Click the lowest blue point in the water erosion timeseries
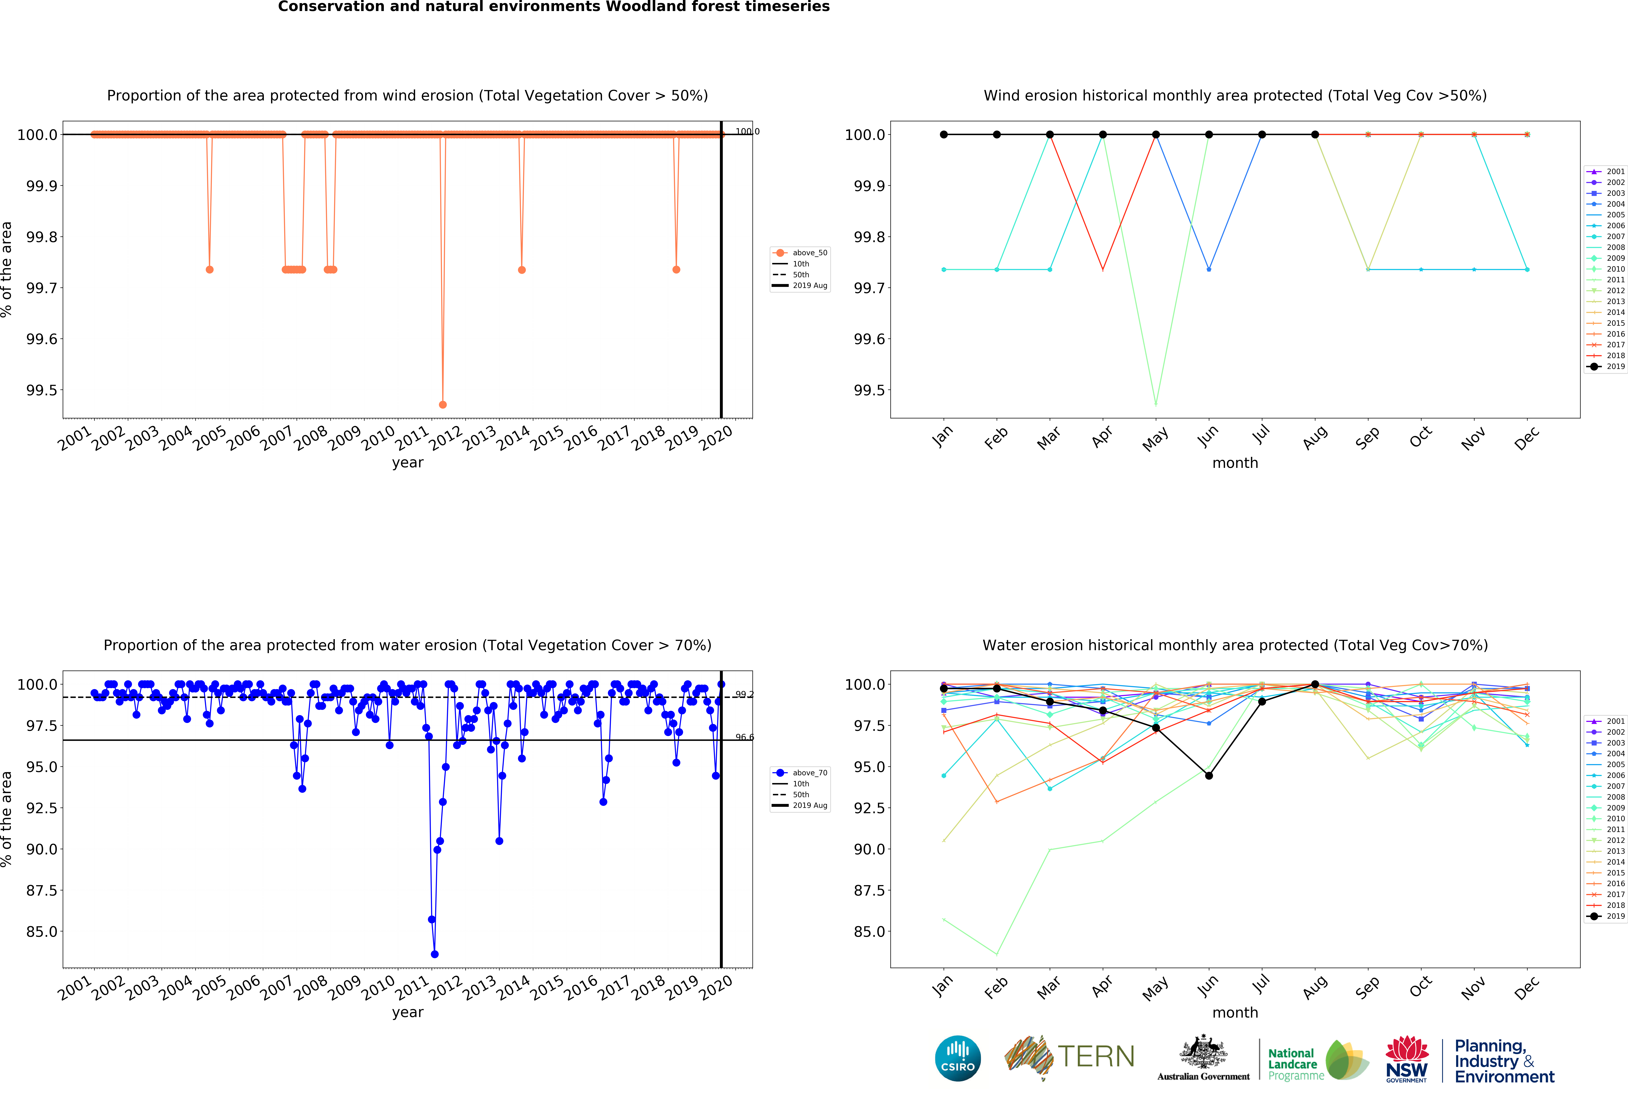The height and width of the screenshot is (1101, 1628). (x=434, y=954)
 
